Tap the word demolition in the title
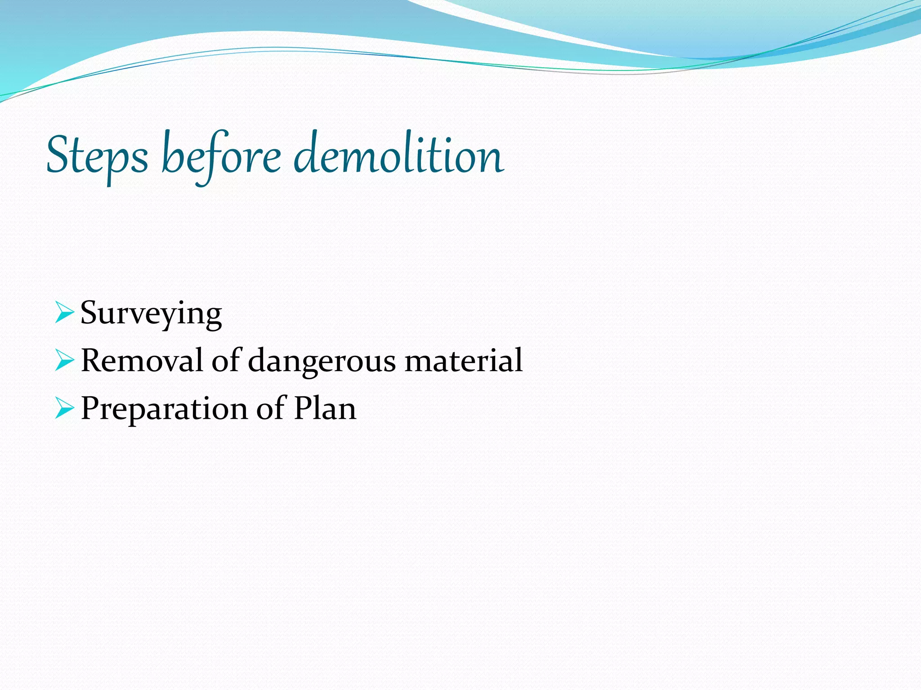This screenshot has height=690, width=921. point(398,155)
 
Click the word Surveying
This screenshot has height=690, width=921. point(151,314)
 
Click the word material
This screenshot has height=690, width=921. point(463,360)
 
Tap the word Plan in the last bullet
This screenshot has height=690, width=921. point(325,408)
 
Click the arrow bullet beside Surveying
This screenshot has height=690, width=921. point(64,313)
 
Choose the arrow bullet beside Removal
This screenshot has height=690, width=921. point(64,361)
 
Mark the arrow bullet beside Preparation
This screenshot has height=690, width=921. point(64,409)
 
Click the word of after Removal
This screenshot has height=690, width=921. point(227,360)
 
